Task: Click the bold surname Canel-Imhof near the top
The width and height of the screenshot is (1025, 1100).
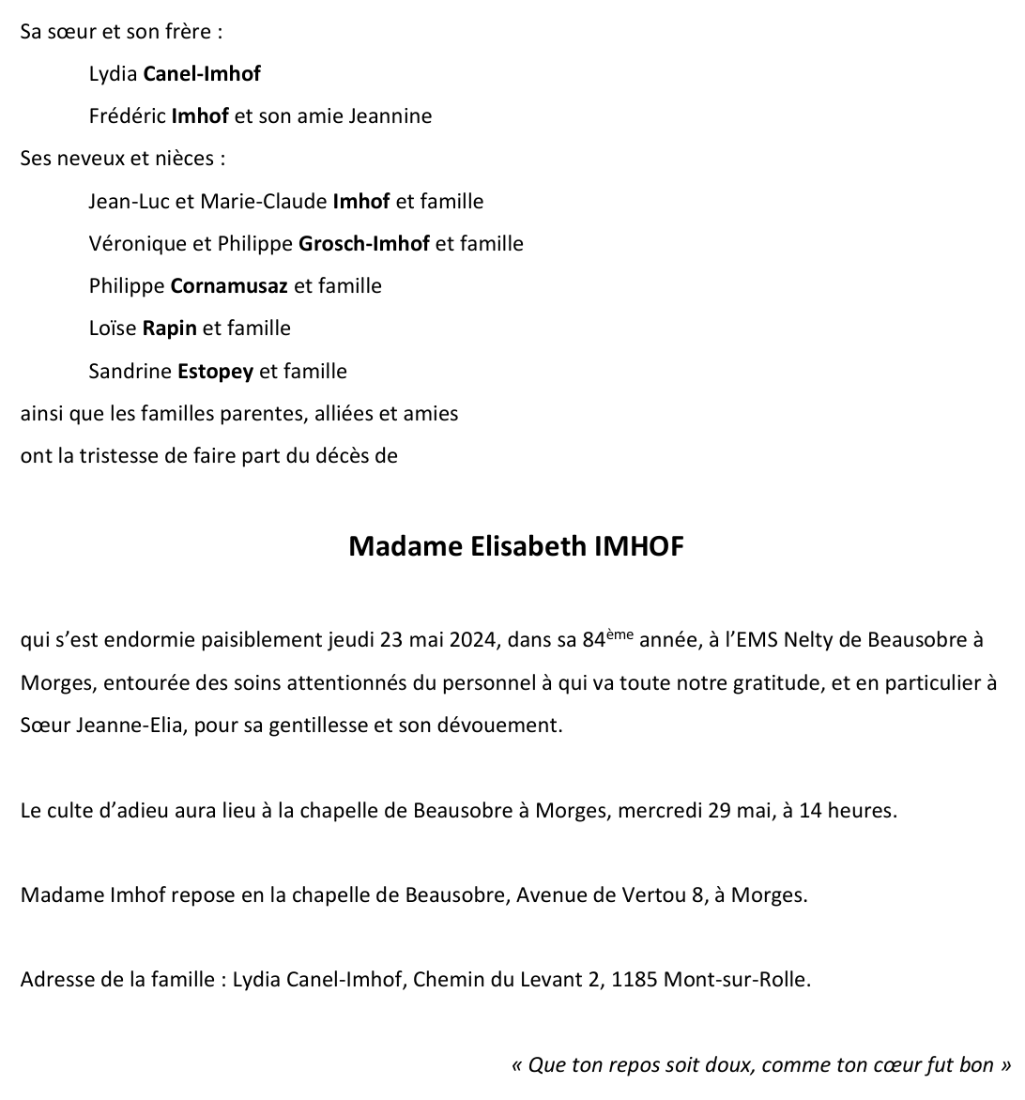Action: pos(201,73)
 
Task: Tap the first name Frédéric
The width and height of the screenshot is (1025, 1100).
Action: pos(127,116)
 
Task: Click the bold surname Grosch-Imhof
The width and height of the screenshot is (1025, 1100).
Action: pos(363,244)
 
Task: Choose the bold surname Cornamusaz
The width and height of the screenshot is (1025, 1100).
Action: pos(229,285)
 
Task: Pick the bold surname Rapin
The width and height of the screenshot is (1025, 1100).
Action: pos(169,328)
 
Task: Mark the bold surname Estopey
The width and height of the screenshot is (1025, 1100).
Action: pos(215,372)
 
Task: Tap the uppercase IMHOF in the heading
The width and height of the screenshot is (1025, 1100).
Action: pos(639,546)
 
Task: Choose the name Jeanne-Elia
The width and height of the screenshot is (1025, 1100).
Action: pos(130,726)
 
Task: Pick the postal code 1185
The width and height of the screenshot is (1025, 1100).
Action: pos(635,980)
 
